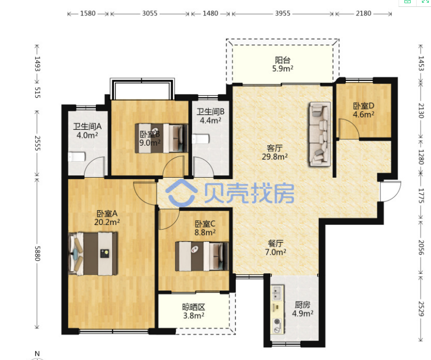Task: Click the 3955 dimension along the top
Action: click(283, 13)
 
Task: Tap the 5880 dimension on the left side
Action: click(37, 254)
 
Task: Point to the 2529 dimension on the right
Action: click(421, 308)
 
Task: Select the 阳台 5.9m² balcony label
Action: click(283, 64)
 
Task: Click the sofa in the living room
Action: click(319, 135)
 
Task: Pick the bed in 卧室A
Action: click(93, 254)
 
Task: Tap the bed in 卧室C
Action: click(202, 256)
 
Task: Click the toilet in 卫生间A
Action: click(77, 156)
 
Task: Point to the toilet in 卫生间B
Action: click(201, 139)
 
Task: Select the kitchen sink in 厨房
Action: click(277, 292)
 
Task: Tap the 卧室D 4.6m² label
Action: click(363, 110)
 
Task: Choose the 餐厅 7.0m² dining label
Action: click(276, 247)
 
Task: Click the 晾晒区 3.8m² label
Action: click(194, 311)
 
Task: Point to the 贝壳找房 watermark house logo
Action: click(181, 193)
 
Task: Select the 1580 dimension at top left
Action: click(88, 13)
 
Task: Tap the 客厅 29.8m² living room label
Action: click(275, 152)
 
